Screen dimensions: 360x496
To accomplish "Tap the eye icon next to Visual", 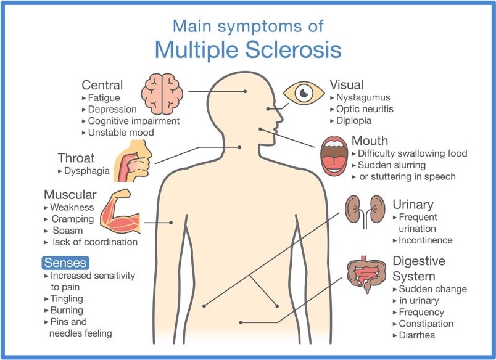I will point(304,93).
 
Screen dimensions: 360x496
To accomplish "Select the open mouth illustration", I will point(334,157).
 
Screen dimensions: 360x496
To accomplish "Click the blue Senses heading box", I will point(65,263).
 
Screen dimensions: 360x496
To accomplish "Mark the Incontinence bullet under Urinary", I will point(425,240).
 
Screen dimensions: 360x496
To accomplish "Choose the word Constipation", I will point(426,324).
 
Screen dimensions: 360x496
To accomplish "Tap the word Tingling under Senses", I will point(67,299).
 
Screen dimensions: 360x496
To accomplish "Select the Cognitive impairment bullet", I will point(134,121).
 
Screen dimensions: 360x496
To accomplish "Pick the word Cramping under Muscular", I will point(72,219).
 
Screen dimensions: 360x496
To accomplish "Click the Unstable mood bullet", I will point(121,133).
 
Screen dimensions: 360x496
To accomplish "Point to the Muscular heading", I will point(70,195).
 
